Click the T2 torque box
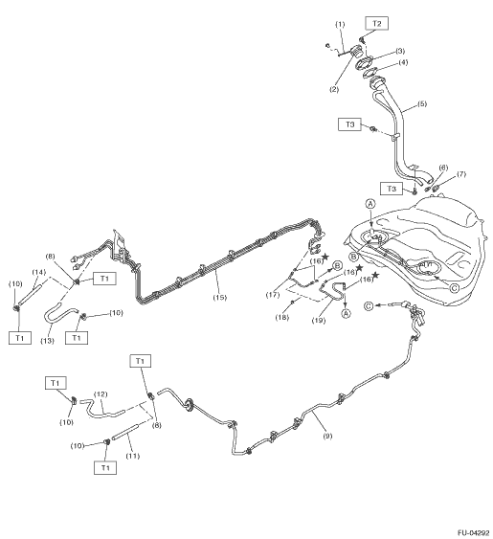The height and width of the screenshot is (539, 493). tap(377, 23)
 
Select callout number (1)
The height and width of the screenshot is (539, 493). tap(340, 24)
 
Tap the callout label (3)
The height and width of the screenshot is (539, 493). tap(399, 51)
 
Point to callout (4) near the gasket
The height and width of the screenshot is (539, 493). tap(403, 62)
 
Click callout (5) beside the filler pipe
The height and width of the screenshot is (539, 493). tap(421, 103)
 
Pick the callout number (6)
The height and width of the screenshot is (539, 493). tap(443, 168)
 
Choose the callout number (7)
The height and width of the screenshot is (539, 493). tap(461, 174)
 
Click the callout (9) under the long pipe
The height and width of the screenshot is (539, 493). tap(327, 436)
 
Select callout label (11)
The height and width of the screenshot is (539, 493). tap(133, 456)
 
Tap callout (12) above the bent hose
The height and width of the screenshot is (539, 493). tap(101, 393)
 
